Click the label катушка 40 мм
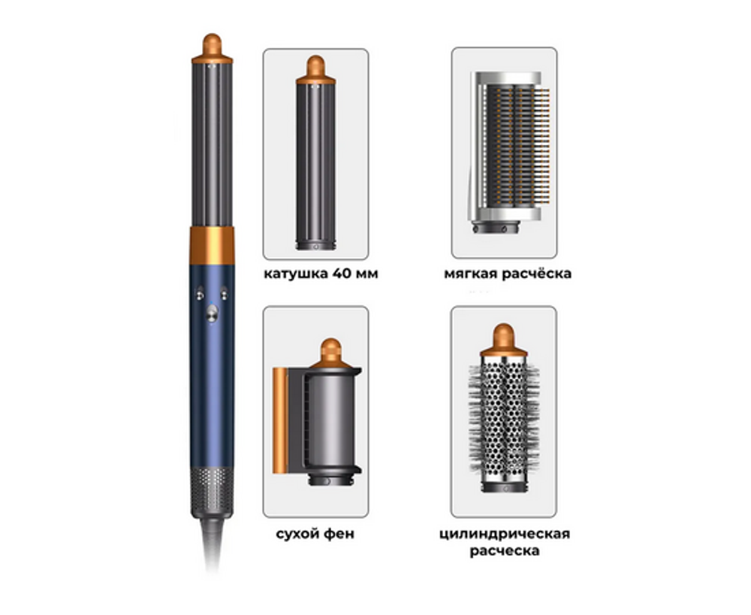coord(321,274)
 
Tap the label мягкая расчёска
coord(507,274)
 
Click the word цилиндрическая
coord(505,534)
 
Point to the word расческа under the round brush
coord(505,551)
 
